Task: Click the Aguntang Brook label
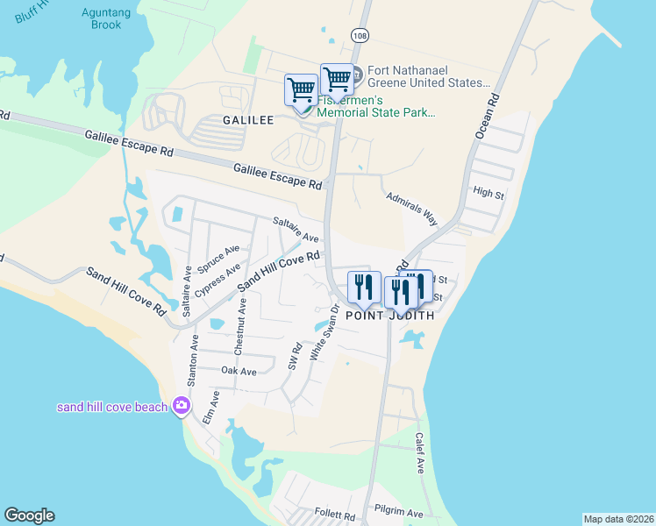(105, 18)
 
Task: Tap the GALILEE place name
(247, 119)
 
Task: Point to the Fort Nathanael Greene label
(428, 76)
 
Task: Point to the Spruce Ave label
(218, 257)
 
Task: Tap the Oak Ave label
(239, 372)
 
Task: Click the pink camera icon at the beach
(182, 404)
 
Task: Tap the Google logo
(30, 515)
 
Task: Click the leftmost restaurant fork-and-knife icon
(362, 287)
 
